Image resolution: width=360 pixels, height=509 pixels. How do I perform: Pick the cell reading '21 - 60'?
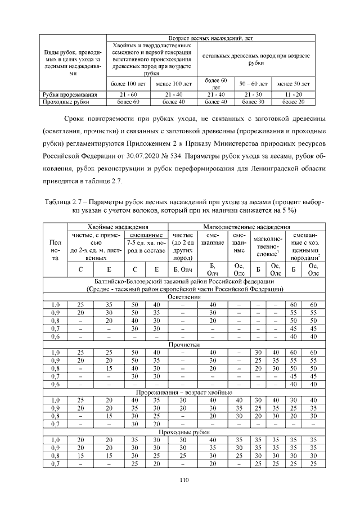(x=128, y=94)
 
